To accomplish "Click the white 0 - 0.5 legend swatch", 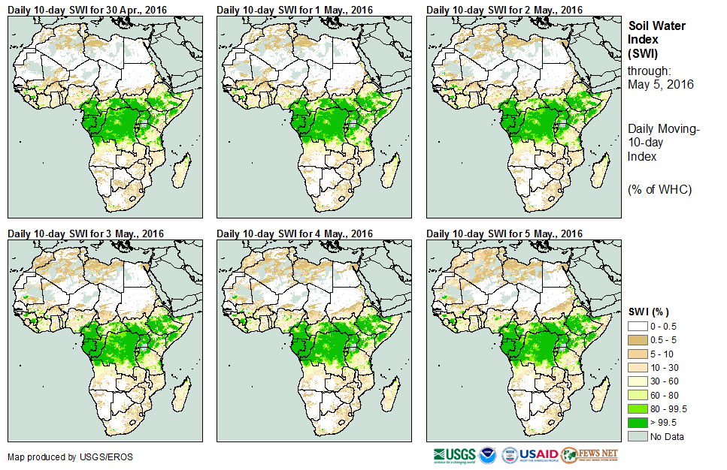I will click(638, 326).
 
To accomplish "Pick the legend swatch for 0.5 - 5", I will click(638, 339).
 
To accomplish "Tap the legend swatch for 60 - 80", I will click(638, 395).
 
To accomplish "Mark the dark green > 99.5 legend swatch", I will click(638, 423).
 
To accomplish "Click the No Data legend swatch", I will click(638, 436).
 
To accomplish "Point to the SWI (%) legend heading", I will click(649, 311).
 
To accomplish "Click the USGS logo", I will click(453, 455).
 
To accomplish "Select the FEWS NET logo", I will click(589, 455).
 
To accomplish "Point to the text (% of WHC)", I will click(659, 189).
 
